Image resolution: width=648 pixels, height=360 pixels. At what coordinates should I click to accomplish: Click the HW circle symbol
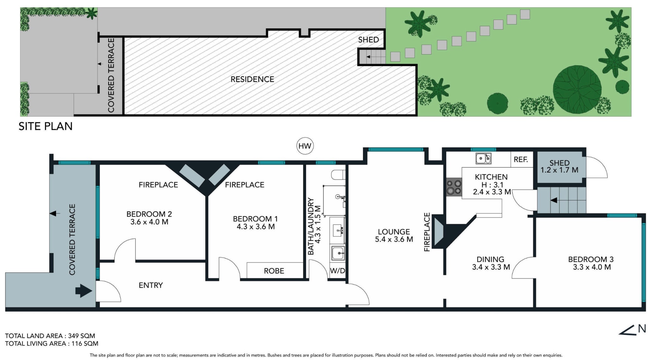[x=305, y=146]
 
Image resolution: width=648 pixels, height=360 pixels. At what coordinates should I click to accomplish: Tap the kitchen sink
[x=483, y=158]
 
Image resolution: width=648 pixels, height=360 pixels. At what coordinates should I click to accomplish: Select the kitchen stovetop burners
[x=454, y=187]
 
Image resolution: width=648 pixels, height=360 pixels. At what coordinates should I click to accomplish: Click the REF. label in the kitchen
[x=521, y=160]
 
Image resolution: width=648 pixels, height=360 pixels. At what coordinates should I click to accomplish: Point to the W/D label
[x=337, y=271]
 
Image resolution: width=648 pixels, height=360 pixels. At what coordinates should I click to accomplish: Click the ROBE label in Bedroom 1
[x=274, y=271]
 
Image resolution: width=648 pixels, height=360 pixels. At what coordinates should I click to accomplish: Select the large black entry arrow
[x=84, y=291]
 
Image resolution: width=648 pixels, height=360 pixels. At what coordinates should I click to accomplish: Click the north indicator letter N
[x=642, y=329]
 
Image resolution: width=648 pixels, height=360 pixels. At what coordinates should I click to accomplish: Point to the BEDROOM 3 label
[x=591, y=259]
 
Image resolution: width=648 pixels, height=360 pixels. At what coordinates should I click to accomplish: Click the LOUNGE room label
[x=394, y=232]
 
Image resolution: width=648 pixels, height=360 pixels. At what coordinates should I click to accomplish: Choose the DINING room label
[x=490, y=259]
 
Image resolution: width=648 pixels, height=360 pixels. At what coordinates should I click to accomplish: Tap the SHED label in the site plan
[x=368, y=40]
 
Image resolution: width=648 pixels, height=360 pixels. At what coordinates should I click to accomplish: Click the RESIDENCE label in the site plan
[x=252, y=79]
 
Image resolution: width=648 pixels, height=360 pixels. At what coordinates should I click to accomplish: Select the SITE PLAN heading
[x=46, y=126]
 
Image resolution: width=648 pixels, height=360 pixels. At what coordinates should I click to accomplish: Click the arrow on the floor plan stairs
[x=554, y=200]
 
